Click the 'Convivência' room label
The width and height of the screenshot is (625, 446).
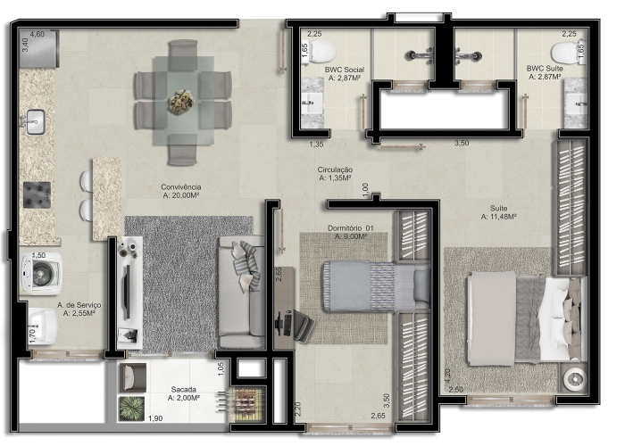point(179,187)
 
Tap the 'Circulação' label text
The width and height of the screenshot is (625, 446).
point(335,169)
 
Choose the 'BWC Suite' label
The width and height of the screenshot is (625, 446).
point(544,69)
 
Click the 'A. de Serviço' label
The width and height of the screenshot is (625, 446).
point(79,306)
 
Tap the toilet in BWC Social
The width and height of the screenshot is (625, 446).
point(323,49)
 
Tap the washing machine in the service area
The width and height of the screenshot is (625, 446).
point(43,273)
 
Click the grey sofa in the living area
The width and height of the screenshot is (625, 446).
point(241,293)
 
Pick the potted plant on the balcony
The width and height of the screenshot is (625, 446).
point(131,407)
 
